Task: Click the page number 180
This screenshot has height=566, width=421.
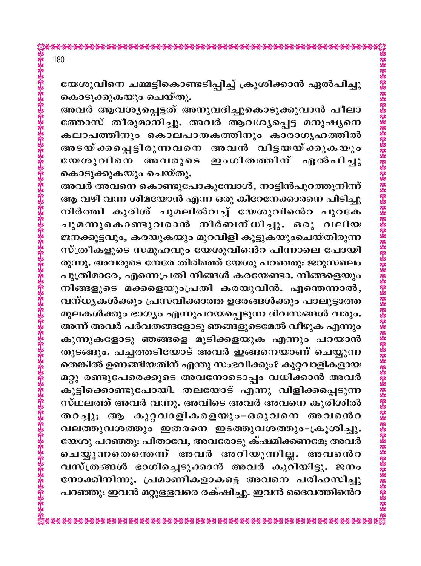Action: point(59,60)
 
